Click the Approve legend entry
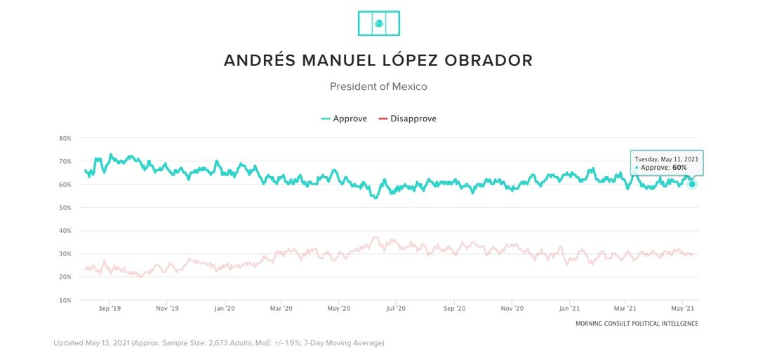coord(344,119)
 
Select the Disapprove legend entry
coord(408,119)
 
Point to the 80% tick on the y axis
coord(65,138)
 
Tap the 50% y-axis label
coord(65,208)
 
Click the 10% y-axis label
coord(65,300)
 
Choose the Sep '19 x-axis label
coord(110,308)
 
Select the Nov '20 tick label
coord(512,308)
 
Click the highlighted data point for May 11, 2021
coord(692,184)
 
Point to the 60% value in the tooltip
coord(681,167)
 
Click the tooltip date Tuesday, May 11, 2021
coord(666,159)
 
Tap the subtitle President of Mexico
coord(378,86)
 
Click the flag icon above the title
coord(378,23)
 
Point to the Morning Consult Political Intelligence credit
coord(637,324)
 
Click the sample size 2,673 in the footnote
coord(218,343)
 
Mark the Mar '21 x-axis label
coord(625,308)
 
